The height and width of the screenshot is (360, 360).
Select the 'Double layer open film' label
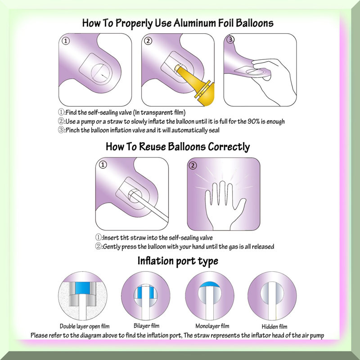(85, 326)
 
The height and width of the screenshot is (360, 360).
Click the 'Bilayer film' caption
(146, 325)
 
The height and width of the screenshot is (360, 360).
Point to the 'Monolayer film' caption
(212, 326)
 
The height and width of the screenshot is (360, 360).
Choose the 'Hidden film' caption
(274, 326)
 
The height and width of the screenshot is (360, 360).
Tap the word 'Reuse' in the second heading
(152, 147)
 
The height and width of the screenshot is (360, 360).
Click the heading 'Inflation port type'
(178, 261)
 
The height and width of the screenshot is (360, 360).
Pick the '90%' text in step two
(253, 121)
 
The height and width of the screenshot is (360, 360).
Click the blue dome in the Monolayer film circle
(209, 284)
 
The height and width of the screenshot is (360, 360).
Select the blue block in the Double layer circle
(82, 288)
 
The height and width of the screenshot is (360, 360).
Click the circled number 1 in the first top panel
(66, 41)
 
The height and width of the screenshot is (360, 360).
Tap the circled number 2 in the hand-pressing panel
(193, 165)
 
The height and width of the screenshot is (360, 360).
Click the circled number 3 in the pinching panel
(230, 40)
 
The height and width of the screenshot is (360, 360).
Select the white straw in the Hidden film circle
(273, 300)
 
